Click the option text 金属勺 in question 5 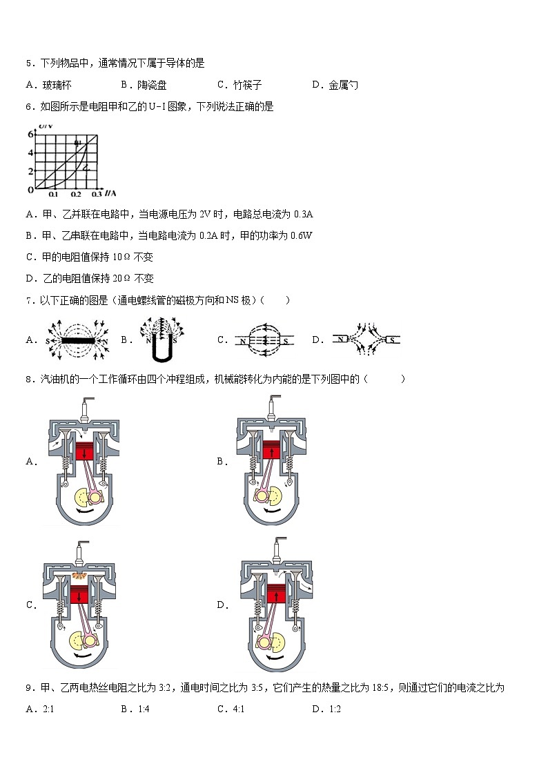click(344, 85)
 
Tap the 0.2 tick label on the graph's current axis click(76, 195)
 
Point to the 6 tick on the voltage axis click(30, 135)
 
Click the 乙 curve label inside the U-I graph click(86, 167)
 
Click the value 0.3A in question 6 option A click(304, 214)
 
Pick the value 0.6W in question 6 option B click(302, 235)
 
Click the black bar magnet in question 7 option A click(77, 340)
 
